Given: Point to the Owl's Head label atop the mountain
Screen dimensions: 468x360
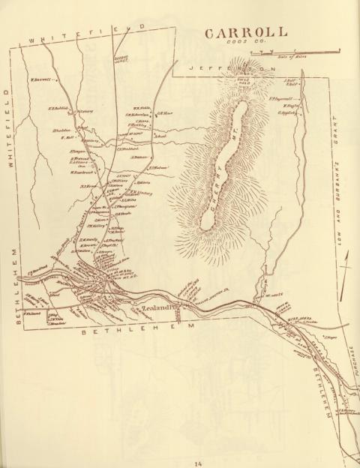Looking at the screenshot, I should [243, 79].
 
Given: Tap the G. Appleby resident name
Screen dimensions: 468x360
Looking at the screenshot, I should [288, 113].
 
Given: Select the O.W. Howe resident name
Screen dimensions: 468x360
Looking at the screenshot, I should [165, 114].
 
